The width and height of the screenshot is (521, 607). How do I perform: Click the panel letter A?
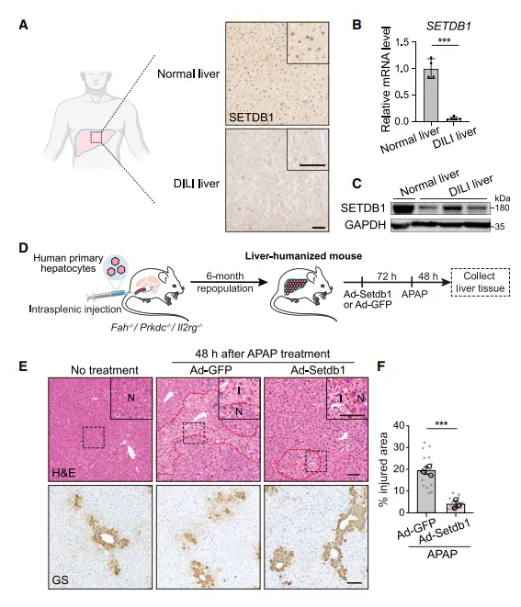pyautogui.click(x=23, y=25)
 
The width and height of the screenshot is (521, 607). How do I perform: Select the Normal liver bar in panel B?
pyautogui.click(x=431, y=95)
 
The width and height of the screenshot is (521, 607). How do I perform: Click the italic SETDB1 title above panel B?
pyautogui.click(x=448, y=27)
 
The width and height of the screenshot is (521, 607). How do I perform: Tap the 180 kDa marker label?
pyautogui.click(x=502, y=208)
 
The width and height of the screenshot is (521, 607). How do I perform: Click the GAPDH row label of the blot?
pyautogui.click(x=365, y=225)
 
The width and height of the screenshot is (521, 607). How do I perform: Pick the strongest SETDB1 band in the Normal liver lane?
pyautogui.click(x=402, y=208)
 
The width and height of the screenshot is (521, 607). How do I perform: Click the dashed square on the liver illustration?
pyautogui.click(x=96, y=138)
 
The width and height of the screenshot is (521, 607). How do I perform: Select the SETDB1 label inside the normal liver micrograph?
pyautogui.click(x=251, y=117)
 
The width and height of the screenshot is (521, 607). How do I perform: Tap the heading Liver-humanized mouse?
pyautogui.click(x=303, y=256)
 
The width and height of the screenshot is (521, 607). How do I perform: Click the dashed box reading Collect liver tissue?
pyautogui.click(x=480, y=282)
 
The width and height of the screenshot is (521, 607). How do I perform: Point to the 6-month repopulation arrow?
pyautogui.click(x=229, y=282)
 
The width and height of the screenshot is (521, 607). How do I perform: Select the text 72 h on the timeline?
pyautogui.click(x=387, y=276)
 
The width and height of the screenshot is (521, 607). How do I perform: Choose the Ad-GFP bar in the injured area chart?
pyautogui.click(x=425, y=491)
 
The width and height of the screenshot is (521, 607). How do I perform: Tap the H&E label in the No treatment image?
pyautogui.click(x=63, y=473)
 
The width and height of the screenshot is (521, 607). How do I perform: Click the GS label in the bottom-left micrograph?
pyautogui.click(x=60, y=579)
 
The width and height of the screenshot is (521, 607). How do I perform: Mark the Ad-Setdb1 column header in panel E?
pyautogui.click(x=318, y=370)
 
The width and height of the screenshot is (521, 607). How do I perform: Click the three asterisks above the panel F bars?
pyautogui.click(x=441, y=423)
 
